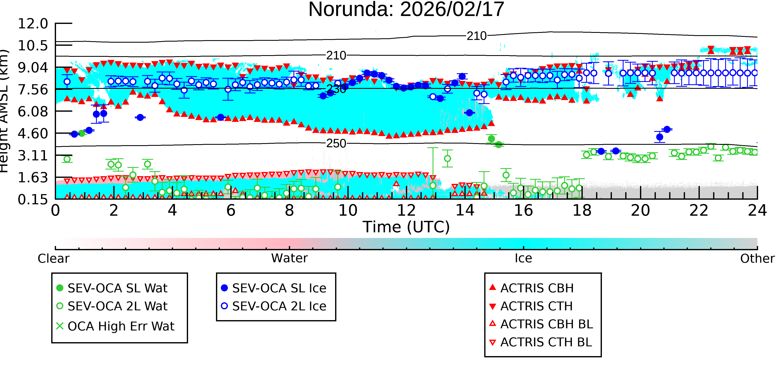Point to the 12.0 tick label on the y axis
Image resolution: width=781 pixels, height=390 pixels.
pos(33,24)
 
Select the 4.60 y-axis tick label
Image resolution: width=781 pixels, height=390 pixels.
pos(33,134)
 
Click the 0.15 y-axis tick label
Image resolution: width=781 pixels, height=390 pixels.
pos(33,199)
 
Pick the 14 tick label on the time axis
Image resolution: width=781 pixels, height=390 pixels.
pos(465,210)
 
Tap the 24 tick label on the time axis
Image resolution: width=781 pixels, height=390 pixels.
pos(757,210)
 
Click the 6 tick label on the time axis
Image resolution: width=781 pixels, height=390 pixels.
pos(231,210)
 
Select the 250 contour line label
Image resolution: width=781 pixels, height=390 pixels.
pos(336,144)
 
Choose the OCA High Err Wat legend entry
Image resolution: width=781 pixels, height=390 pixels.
pos(115,326)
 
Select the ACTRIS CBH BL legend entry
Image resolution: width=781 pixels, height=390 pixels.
pos(541,324)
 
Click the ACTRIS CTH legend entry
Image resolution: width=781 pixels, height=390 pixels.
pos(531,306)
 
